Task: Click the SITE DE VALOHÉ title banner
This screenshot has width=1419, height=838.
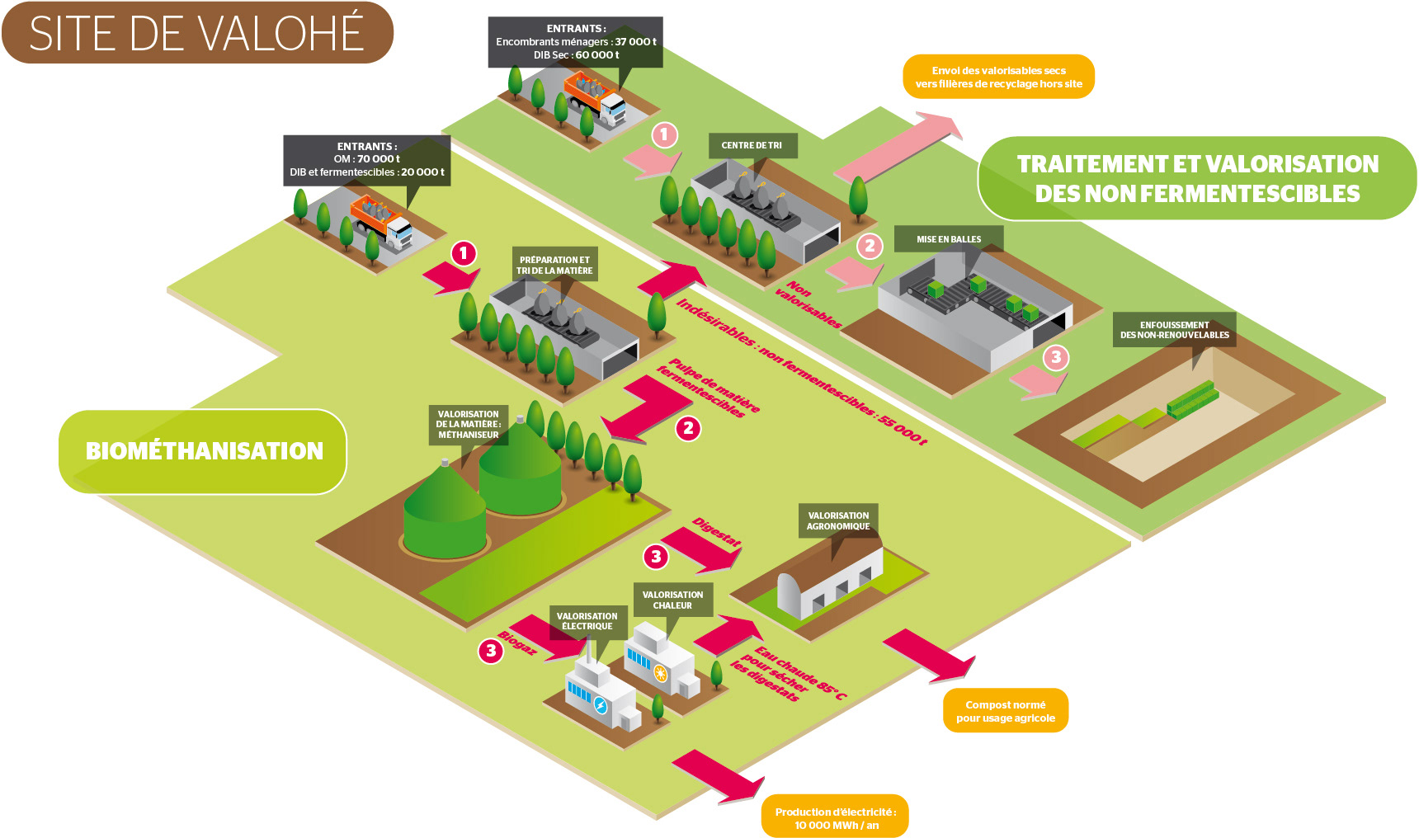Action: click(196, 33)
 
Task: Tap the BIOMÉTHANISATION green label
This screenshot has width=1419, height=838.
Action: click(203, 451)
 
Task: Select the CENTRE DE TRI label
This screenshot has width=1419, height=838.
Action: click(751, 145)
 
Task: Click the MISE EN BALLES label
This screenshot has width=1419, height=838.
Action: click(949, 239)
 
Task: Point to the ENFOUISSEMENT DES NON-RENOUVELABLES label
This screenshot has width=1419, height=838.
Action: click(1174, 330)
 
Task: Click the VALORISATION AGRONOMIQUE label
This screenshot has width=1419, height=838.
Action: click(837, 520)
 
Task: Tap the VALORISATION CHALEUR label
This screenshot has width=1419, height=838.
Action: click(672, 600)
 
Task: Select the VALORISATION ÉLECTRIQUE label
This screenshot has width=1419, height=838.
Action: click(587, 621)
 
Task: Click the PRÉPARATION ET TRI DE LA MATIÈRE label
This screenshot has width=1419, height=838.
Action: click(554, 265)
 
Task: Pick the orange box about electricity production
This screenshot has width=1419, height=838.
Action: click(835, 817)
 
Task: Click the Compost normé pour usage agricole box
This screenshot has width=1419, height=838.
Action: click(1005, 711)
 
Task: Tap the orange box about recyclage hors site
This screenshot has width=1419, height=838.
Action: click(998, 77)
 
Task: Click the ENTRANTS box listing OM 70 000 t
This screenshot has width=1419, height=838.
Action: click(367, 159)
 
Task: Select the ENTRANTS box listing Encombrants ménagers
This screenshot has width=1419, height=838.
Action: click(576, 41)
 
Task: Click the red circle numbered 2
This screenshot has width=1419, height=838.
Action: click(688, 428)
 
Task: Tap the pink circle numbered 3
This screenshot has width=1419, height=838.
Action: click(1056, 357)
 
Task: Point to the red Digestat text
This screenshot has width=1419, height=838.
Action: click(716, 532)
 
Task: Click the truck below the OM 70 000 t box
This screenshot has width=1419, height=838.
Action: click(381, 221)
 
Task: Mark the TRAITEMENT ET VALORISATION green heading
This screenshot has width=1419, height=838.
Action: click(1197, 178)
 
